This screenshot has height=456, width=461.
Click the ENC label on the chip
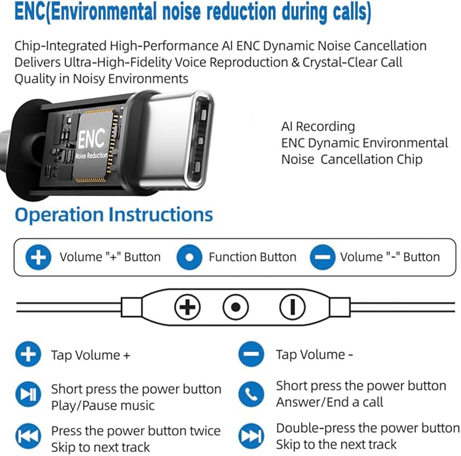pyautogui.click(x=91, y=138)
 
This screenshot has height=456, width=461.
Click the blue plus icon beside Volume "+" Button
pyautogui.click(x=38, y=257)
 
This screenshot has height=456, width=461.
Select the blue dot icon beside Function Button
pyautogui.click(x=189, y=257)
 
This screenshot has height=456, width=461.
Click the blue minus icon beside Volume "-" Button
pyautogui.click(x=322, y=257)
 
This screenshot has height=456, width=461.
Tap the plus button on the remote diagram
pyautogui.click(x=187, y=307)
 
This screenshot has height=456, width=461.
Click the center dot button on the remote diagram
pyautogui.click(x=236, y=307)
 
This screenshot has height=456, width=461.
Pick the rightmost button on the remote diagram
pyautogui.click(x=292, y=307)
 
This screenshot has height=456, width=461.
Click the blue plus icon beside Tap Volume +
pyautogui.click(x=29, y=354)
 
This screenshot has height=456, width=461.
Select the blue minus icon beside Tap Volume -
pyautogui.click(x=251, y=354)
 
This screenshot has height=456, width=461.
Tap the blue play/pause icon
pyautogui.click(x=29, y=394)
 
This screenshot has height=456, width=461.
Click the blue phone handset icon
pyautogui.click(x=251, y=394)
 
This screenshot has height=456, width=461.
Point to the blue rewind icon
pyautogui.click(x=29, y=436)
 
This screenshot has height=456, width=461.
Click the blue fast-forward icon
pyautogui.click(x=251, y=436)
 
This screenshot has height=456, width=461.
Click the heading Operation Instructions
pyautogui.click(x=114, y=215)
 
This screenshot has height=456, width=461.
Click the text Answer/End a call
pyautogui.click(x=329, y=402)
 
